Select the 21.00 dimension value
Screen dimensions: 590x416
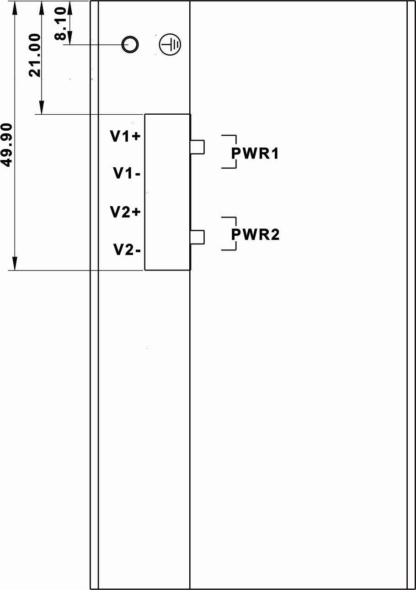click(x=35, y=55)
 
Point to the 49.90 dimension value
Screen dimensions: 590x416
click(x=8, y=144)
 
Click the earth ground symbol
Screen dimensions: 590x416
click(x=170, y=45)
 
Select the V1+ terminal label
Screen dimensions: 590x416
click(x=125, y=136)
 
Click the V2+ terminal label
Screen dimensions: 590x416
click(x=125, y=212)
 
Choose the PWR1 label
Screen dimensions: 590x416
click(x=255, y=154)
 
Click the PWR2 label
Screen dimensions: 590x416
click(x=255, y=234)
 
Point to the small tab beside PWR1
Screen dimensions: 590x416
click(x=197, y=147)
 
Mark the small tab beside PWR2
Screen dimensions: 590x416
click(x=197, y=237)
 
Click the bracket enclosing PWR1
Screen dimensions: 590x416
click(x=235, y=137)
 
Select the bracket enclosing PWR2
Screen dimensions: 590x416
click(x=235, y=218)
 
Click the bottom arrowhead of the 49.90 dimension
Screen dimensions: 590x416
click(x=15, y=264)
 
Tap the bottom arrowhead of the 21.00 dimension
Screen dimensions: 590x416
click(x=42, y=108)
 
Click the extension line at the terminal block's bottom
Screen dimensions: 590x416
click(x=78, y=270)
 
